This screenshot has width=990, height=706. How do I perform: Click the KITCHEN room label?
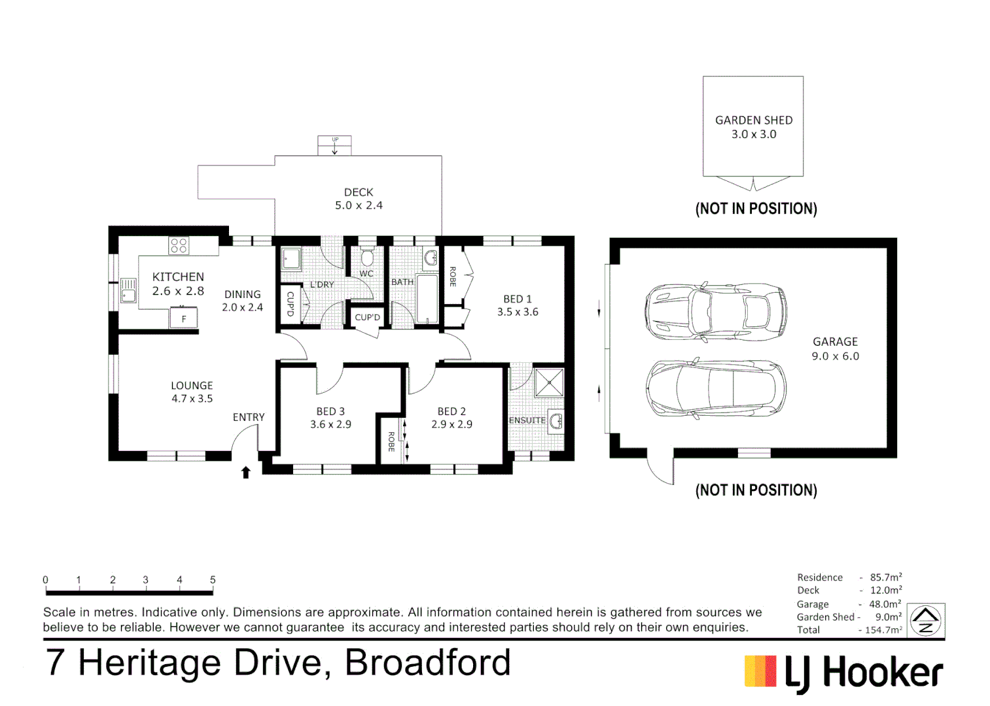point(178,277)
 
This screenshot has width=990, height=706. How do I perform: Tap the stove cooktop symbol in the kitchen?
point(179,246)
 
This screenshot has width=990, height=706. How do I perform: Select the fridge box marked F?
point(184,318)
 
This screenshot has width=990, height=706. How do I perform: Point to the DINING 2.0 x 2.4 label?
point(242,301)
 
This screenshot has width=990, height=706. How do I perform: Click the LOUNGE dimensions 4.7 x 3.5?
point(192,399)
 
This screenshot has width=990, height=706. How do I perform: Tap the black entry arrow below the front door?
point(246,472)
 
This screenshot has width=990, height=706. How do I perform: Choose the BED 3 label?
point(330,411)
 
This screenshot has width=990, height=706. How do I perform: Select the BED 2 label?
point(451,411)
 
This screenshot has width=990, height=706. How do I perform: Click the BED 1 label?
point(518,299)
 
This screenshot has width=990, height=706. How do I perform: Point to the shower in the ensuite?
point(548,383)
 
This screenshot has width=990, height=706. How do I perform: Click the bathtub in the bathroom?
point(427,299)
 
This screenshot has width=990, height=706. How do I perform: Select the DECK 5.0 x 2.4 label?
point(359,199)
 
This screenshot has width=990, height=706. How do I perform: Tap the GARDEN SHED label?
point(754,120)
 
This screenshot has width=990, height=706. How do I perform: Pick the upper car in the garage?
point(715,312)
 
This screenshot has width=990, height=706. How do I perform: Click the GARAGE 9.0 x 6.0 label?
point(835,349)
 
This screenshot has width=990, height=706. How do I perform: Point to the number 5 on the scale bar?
point(213,580)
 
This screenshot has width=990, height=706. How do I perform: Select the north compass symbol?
point(926,620)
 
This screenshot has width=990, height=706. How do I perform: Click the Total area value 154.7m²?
point(883,630)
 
